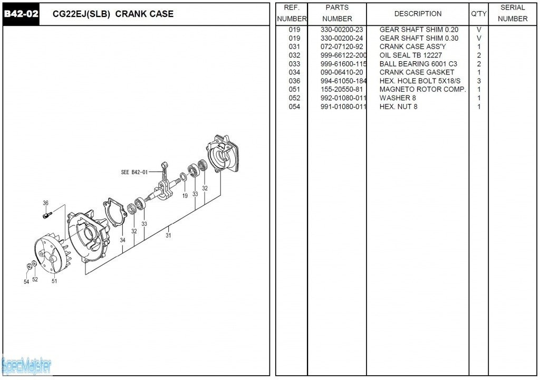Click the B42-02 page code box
pos(21,14)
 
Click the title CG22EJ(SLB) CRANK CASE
pos(113,14)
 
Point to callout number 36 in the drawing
pos(46,203)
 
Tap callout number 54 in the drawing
pos(26,282)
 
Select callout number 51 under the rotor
pos(54,281)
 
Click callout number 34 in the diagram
pos(122,240)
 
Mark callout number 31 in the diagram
pos(168,235)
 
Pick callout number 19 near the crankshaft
pos(185,196)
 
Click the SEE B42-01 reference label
pos(134,172)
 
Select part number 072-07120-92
pos(342,46)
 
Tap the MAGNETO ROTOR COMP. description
pos(422,89)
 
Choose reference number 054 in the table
pos(294,107)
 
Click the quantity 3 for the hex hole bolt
pos(479,81)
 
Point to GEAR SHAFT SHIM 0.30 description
pos(419,38)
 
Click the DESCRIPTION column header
pos(418,14)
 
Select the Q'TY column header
pos(478,14)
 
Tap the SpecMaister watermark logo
pos(26,365)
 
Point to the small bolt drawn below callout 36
pos(47,214)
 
